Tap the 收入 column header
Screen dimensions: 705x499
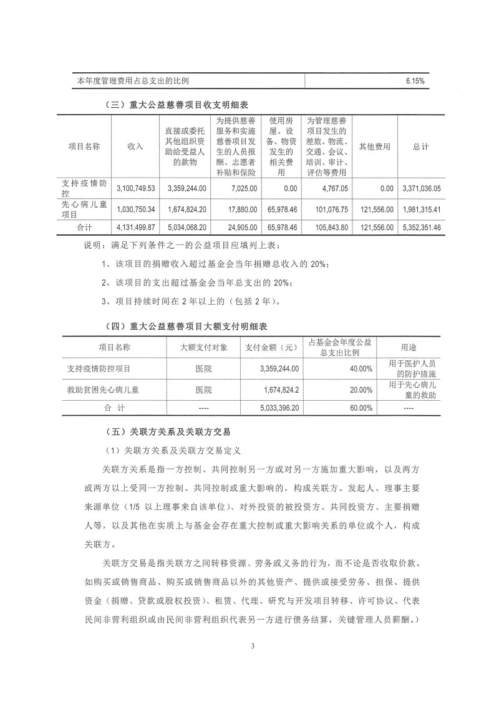point(135,146)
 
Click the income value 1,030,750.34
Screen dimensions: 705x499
point(135,210)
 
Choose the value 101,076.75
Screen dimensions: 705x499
point(328,210)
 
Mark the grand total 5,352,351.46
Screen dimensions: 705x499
point(419,228)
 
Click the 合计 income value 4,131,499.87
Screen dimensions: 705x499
point(135,228)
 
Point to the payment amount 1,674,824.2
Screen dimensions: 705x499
point(278,390)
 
